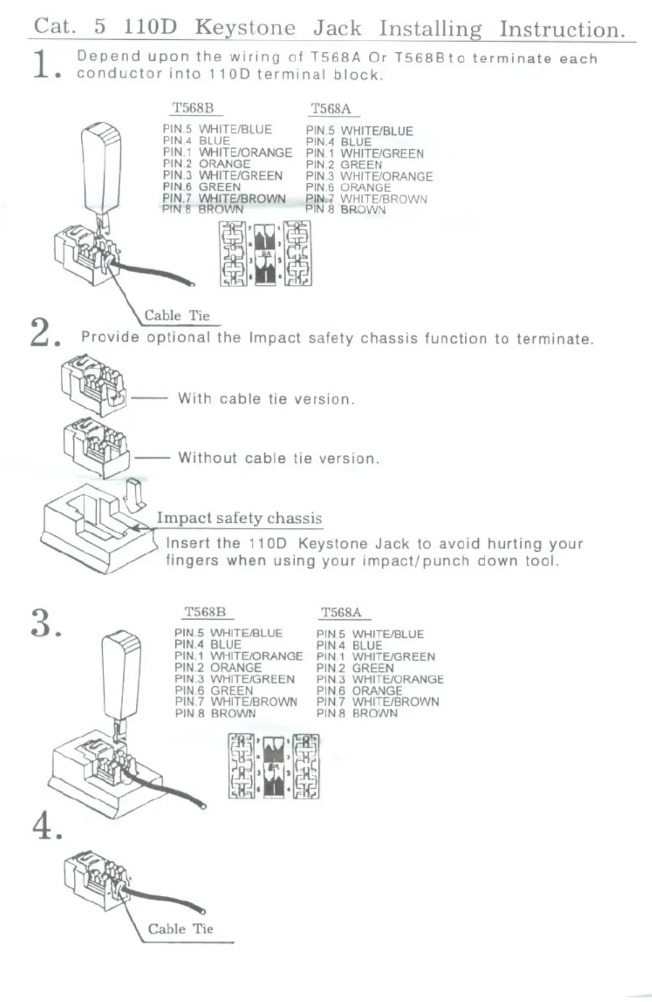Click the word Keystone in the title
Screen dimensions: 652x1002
point(245,27)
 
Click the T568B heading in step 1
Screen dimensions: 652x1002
point(192,108)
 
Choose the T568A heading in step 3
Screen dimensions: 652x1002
point(341,612)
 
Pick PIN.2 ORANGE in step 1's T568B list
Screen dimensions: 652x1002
point(207,164)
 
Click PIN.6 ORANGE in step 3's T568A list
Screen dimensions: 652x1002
point(359,691)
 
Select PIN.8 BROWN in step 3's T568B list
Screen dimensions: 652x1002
point(215,713)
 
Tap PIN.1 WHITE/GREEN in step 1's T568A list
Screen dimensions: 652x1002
point(365,154)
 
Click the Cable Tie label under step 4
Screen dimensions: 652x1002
point(180,929)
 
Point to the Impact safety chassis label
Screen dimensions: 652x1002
point(239,518)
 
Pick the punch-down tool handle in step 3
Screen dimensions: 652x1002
point(122,673)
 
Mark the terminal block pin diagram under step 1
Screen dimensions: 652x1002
point(266,254)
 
